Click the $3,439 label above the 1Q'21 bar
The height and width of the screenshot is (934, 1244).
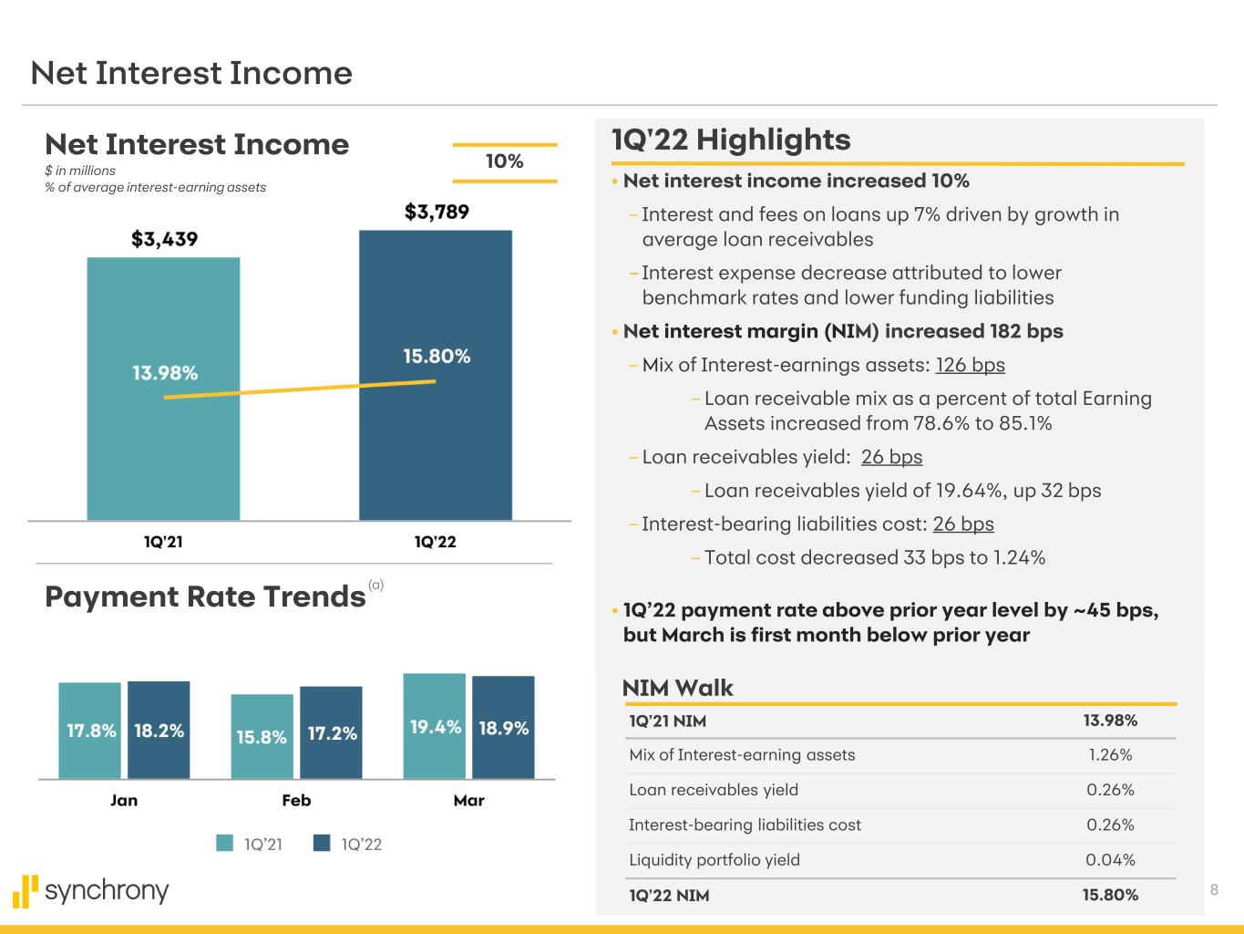164,239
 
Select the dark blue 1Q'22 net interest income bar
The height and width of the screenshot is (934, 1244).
436,375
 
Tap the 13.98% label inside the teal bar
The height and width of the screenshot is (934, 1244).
165,372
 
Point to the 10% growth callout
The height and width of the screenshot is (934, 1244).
504,161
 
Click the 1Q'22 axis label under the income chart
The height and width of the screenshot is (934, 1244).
436,542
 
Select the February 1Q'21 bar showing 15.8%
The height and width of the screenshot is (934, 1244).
262,736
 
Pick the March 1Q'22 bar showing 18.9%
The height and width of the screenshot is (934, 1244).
503,727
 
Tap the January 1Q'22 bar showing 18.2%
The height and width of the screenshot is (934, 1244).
159,730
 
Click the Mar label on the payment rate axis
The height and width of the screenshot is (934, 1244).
468,800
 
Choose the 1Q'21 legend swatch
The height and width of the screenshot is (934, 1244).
224,843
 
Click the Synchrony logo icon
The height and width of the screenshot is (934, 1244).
26,891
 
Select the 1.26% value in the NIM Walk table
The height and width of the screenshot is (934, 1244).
1110,755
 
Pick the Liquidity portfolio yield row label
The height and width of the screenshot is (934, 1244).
715,860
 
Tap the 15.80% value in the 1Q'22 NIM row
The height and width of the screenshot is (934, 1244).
1110,895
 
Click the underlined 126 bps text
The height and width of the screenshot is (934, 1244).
970,365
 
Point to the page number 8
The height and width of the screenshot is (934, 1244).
1214,889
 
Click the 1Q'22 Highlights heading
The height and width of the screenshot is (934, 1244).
731,140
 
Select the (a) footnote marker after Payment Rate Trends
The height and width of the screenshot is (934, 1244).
375,585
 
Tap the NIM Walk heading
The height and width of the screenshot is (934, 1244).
677,688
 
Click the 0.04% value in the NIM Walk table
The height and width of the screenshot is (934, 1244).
1110,860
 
